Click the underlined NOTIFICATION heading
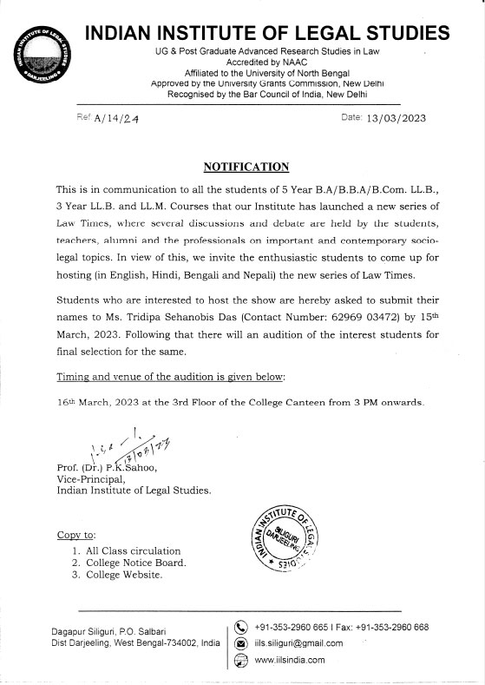(x=246, y=166)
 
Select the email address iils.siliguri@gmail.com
(x=298, y=643)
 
